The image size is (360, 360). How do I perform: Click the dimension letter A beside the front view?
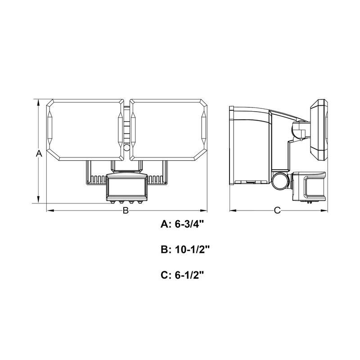pos(39,153)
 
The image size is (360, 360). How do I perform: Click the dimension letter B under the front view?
pos(126,210)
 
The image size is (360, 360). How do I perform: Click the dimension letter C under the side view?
pos(277,210)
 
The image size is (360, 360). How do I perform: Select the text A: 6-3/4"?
pos(182,224)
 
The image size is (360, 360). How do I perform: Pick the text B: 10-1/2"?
pos(185,250)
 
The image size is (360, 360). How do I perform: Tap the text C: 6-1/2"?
pos(182,275)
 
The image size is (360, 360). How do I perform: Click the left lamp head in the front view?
pos(85,130)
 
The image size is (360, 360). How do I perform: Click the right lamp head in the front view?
pos(168,130)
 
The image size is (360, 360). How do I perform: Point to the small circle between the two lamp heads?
pos(126,148)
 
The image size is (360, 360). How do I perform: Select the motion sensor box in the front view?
pos(127,187)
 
